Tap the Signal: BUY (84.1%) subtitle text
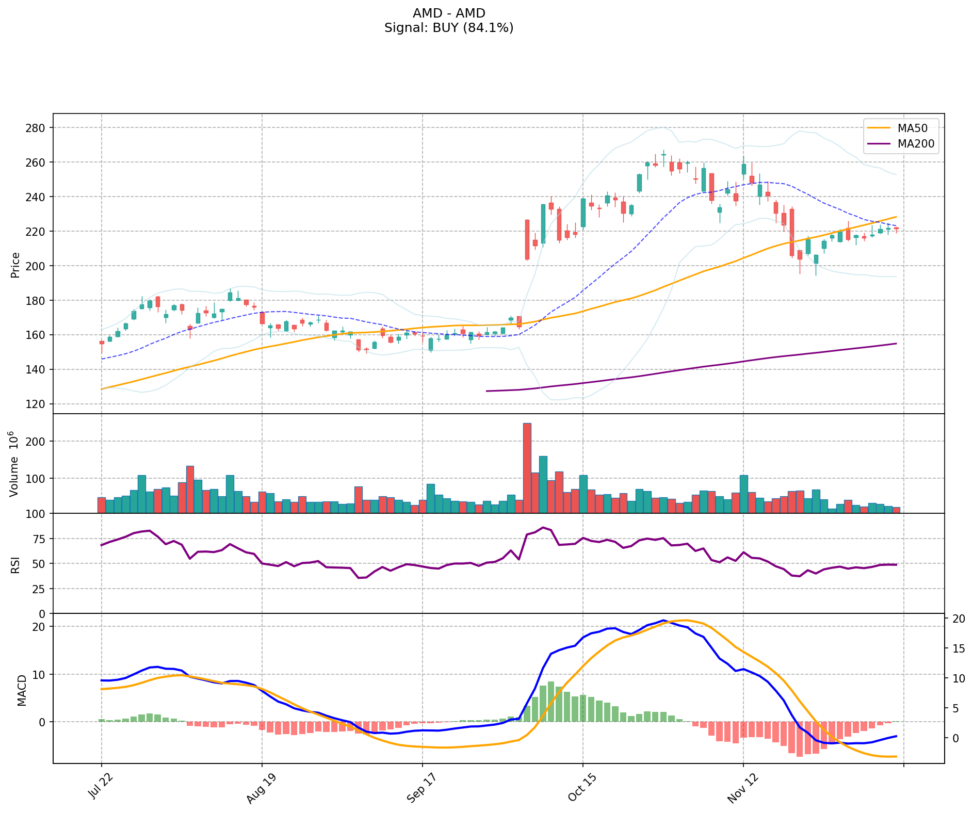click(449, 28)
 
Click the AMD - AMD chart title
click(449, 13)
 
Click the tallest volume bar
click(527, 467)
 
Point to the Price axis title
click(15, 265)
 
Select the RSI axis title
click(15, 564)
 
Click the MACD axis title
click(22, 690)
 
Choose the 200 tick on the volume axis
click(38, 442)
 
